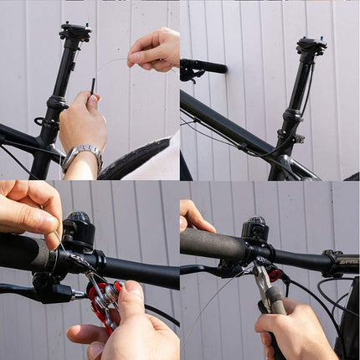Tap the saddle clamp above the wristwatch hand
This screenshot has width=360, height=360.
[75, 33]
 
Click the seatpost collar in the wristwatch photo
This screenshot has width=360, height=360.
[56, 104]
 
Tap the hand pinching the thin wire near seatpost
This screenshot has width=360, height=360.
[155, 49]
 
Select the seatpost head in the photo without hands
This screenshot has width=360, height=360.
[311, 45]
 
